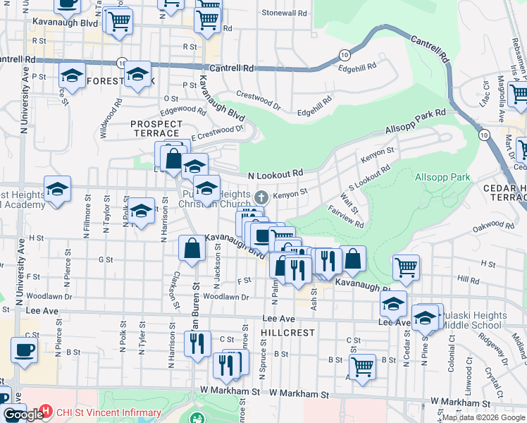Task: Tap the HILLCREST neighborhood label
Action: tap(282, 331)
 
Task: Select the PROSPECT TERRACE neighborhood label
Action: tap(156, 128)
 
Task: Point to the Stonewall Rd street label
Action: tap(285, 13)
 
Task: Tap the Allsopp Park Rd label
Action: tap(416, 122)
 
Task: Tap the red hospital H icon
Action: tap(46, 410)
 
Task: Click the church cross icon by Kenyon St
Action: tap(261, 196)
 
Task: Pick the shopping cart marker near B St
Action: tap(361, 366)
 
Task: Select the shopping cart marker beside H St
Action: tap(407, 266)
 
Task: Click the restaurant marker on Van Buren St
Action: tap(197, 343)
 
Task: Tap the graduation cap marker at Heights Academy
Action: tap(58, 188)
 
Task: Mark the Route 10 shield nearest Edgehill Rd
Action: tap(345, 54)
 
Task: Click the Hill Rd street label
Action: tap(468, 279)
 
